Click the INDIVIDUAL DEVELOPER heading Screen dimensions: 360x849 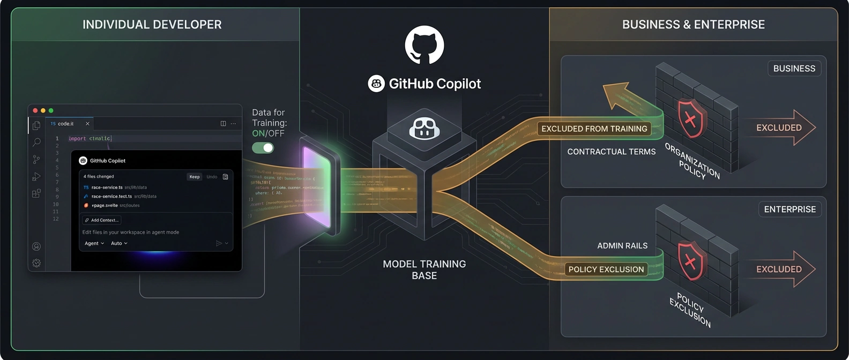[152, 25]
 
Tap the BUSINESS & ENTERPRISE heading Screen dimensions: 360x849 [693, 25]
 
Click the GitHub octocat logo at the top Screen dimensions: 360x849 [424, 45]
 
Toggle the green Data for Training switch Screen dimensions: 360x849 [263, 148]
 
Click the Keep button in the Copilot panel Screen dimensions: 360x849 [195, 177]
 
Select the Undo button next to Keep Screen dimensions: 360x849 [212, 177]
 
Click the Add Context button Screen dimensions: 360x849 [102, 220]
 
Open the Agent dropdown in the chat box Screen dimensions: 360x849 [94, 243]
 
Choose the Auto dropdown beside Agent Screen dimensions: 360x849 [119, 243]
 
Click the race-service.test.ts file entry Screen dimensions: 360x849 [111, 197]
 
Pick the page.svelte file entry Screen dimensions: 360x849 [105, 205]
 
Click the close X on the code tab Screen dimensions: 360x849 [87, 124]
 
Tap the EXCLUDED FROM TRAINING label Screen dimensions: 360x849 [594, 129]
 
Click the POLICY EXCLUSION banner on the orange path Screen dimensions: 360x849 [606, 269]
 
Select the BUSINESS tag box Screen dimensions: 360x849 [794, 69]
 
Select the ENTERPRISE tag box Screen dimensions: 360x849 [790, 209]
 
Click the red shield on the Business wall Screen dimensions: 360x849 [691, 118]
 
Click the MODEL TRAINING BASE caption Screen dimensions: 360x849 [424, 269]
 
